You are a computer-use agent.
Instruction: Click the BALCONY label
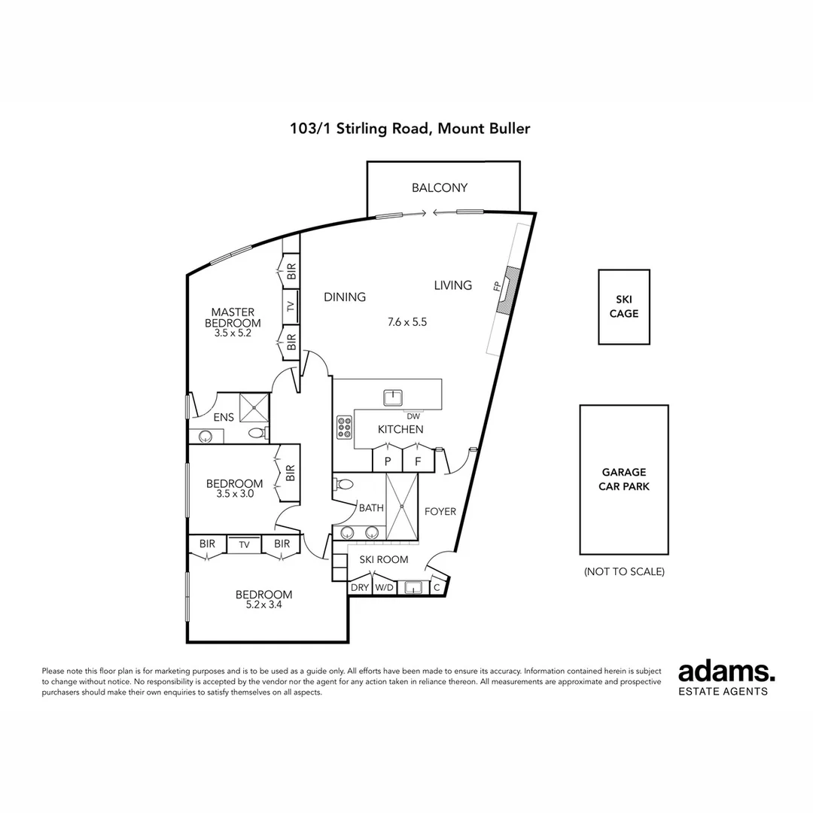(440, 187)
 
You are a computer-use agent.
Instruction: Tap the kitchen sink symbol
(393, 397)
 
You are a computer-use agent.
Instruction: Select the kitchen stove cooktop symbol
(344, 428)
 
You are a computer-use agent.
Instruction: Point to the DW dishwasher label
(413, 416)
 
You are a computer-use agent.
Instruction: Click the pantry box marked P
(388, 461)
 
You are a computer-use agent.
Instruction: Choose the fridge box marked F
(418, 461)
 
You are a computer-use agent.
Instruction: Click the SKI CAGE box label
(624, 306)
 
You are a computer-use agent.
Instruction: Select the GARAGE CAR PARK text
(624, 479)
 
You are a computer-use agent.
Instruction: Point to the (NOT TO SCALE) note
(624, 571)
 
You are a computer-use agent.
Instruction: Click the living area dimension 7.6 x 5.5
(407, 322)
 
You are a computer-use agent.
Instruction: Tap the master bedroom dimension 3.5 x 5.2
(233, 333)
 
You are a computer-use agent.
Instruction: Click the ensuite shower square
(254, 407)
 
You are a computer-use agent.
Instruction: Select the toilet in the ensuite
(257, 432)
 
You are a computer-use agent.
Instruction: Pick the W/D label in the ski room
(384, 587)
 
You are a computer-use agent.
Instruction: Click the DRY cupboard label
(359, 587)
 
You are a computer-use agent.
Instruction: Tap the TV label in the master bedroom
(291, 306)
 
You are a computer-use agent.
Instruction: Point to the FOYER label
(440, 512)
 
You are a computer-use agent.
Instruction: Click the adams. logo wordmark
(726, 672)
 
